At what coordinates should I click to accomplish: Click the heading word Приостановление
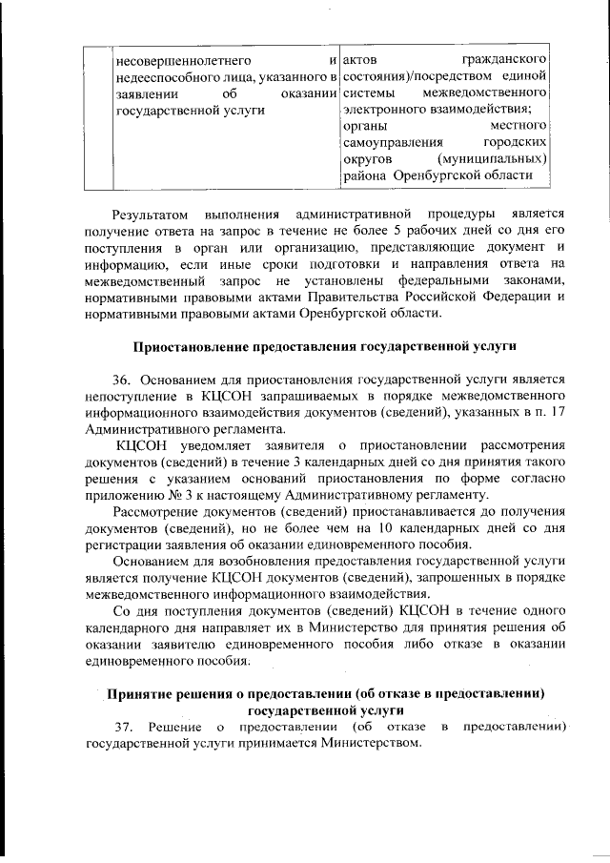(195, 345)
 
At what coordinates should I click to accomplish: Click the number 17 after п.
(558, 412)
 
